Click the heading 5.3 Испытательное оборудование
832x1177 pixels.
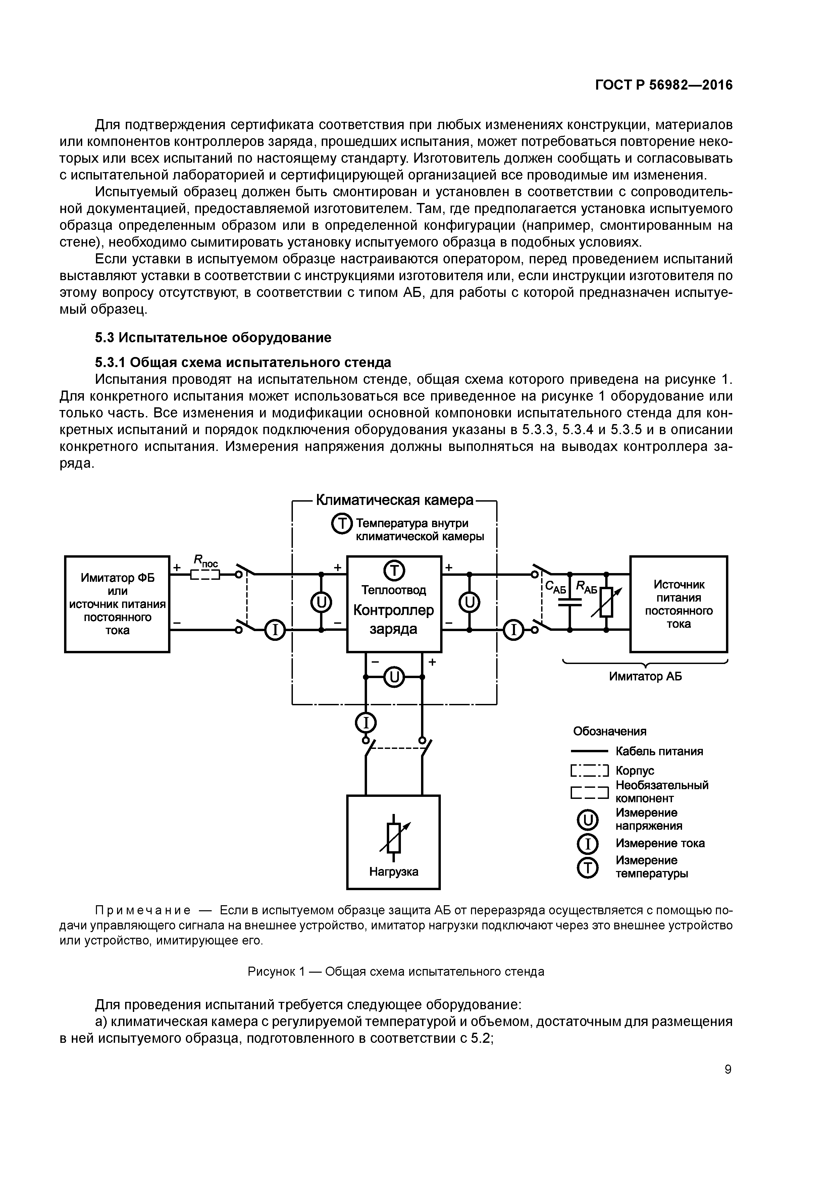tap(213, 337)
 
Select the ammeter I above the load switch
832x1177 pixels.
tap(365, 723)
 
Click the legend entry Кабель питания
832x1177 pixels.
tap(659, 752)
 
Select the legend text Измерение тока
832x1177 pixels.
tap(660, 843)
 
